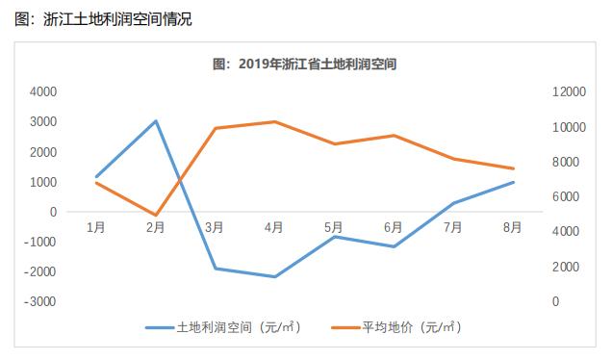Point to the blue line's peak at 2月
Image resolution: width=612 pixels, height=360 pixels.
155,121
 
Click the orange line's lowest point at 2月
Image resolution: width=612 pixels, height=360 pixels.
155,216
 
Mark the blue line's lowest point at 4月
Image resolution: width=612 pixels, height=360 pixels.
274,277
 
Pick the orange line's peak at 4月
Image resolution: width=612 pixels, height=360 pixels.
274,122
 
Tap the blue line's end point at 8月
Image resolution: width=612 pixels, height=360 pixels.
513,182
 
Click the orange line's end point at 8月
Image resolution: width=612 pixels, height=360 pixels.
513,168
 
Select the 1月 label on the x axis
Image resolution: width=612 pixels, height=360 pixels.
95,227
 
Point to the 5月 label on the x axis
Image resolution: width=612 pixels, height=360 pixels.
334,227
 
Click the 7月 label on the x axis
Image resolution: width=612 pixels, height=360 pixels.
453,227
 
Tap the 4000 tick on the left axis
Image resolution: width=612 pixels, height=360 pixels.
43,92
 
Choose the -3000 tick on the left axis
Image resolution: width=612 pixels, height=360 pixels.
41,301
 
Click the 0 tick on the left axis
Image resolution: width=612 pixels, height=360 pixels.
52,212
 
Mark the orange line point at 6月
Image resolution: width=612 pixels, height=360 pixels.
394,136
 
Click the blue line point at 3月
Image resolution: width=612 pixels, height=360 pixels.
215,269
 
